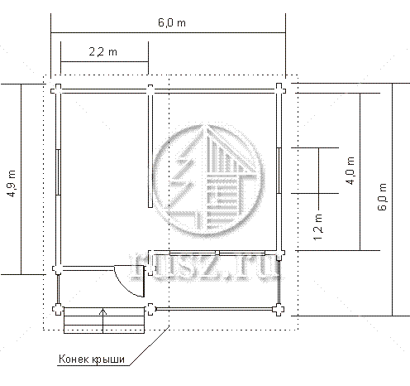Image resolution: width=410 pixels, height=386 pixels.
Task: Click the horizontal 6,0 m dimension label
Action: coord(172,22)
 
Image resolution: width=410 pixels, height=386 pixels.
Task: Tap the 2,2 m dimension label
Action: coord(102,51)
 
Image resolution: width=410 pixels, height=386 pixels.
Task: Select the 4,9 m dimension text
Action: coord(12,183)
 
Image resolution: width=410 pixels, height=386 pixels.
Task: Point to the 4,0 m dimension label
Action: coord(350,171)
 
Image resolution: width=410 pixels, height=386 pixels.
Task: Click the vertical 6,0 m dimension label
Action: coord(382,197)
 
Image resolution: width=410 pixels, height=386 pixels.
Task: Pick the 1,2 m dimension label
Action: coord(318,227)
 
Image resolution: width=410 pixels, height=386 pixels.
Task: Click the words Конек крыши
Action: coord(92,359)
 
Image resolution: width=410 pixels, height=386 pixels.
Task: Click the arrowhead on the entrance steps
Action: coord(102,311)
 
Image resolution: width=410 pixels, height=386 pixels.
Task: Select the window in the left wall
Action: coord(58,172)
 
